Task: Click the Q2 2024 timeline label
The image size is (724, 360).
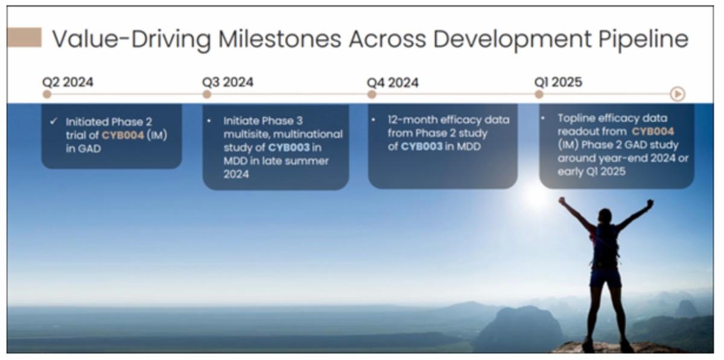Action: pos(68,82)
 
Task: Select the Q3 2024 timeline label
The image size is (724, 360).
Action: pos(228,82)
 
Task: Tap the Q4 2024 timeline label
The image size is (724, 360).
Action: pos(393,83)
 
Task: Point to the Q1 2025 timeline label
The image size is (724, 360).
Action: pos(558,82)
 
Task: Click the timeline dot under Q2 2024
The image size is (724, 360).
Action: pos(47,94)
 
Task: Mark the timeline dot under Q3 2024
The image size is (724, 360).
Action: pos(207,94)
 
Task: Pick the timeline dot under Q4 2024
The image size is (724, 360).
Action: pos(372,94)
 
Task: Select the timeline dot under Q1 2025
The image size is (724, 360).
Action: pos(539,94)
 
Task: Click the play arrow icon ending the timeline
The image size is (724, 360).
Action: pos(678,94)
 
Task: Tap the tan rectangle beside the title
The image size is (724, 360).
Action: pos(24,37)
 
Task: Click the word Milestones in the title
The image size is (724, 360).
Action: pos(280,39)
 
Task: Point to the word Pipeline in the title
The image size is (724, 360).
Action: pos(644,40)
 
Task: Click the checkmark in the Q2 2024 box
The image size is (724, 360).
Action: pos(54,122)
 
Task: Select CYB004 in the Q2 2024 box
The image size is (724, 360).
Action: pos(123,135)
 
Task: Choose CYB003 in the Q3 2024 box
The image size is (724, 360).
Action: pos(289,148)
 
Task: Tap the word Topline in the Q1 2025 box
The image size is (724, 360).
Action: pos(577,119)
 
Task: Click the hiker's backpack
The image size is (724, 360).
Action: pos(605,245)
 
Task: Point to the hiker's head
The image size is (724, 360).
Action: pos(605,215)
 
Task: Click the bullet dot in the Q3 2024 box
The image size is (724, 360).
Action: pos(209,121)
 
